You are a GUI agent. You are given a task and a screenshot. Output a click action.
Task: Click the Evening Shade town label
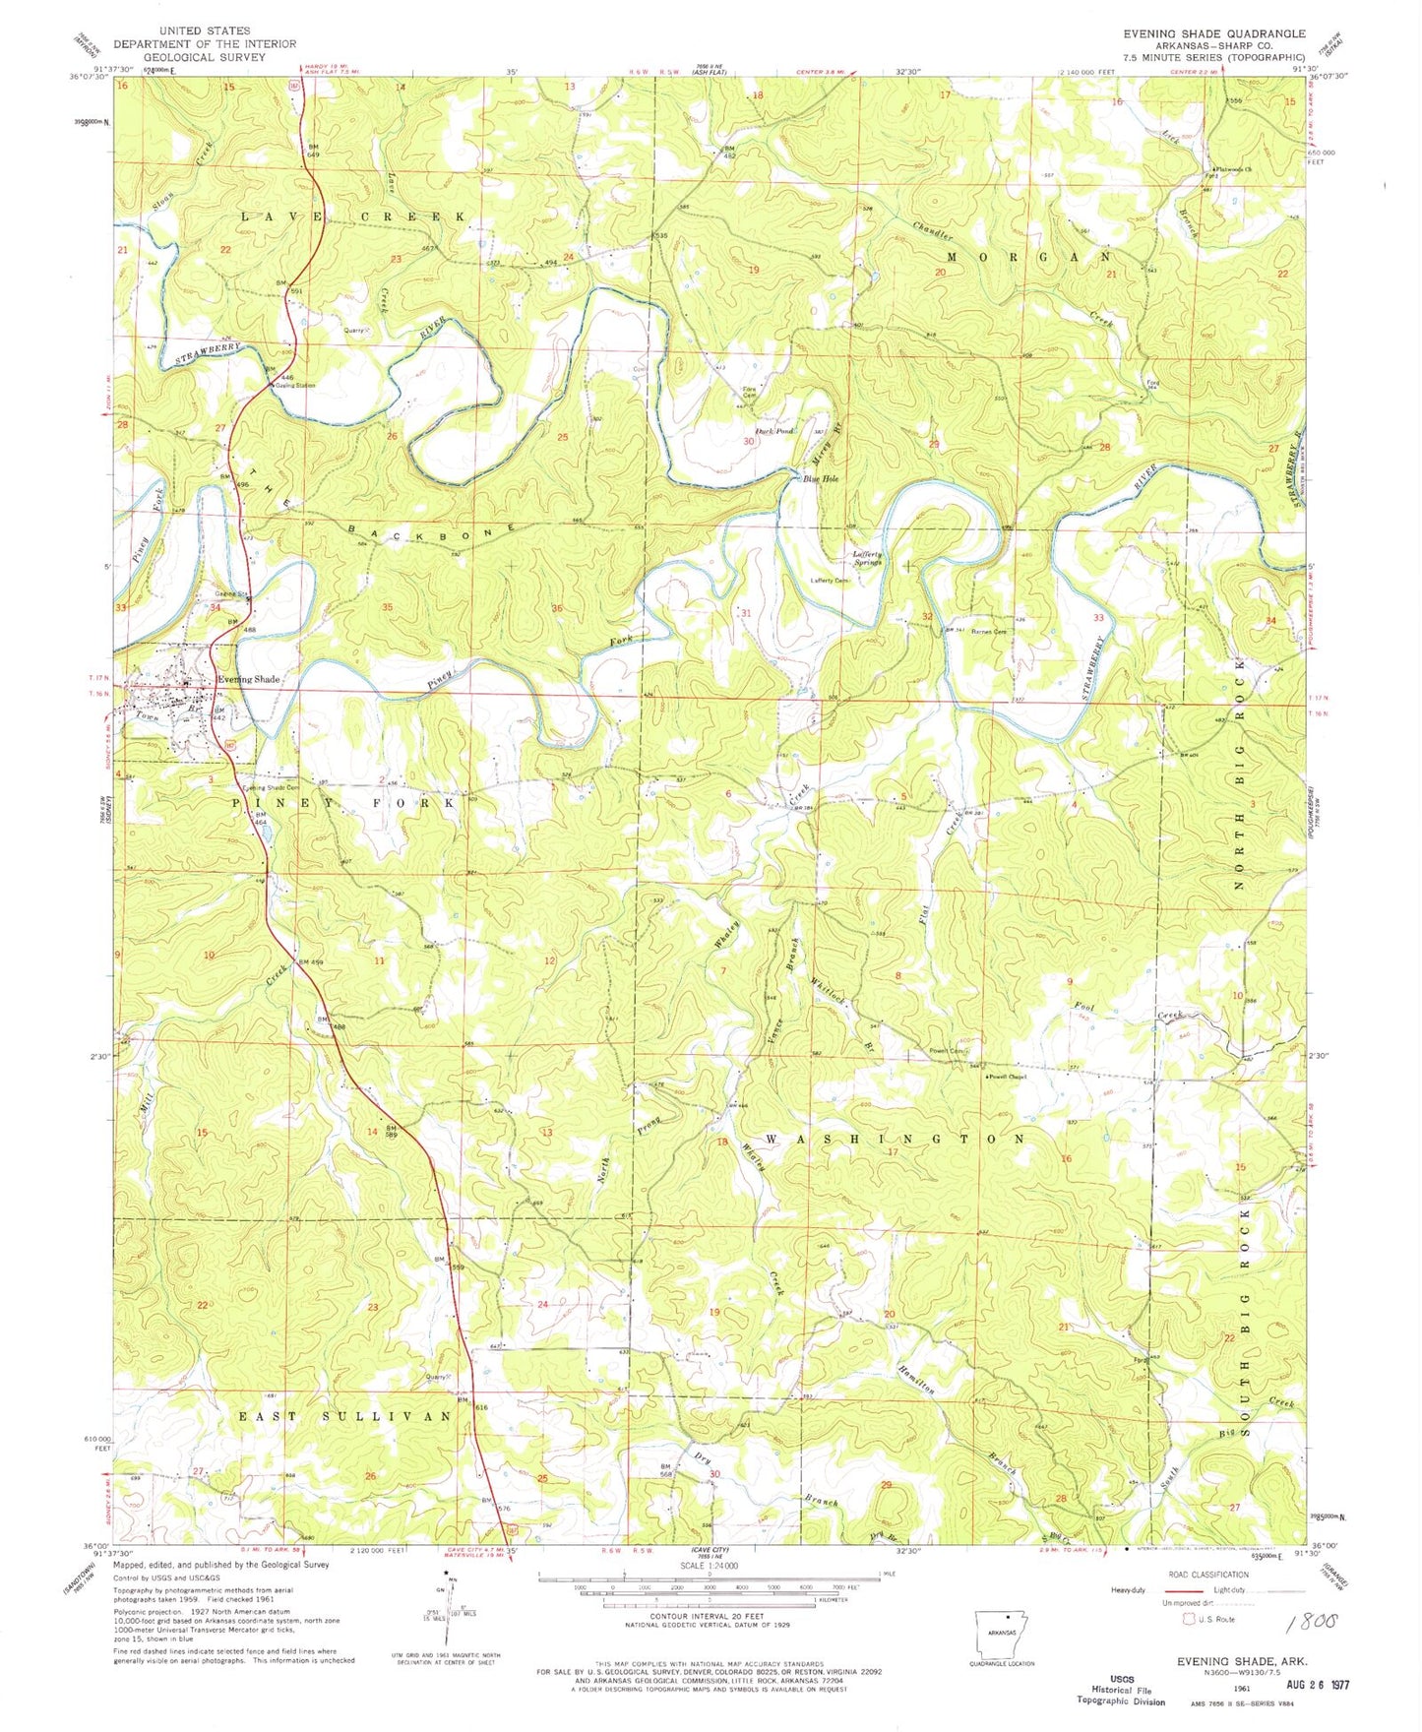pyautogui.click(x=249, y=679)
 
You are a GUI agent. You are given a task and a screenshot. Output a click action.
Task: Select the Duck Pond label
pyautogui.click(x=773, y=431)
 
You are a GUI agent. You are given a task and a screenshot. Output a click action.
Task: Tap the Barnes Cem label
pyautogui.click(x=988, y=632)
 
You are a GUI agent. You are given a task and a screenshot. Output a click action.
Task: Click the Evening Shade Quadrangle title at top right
pyautogui.click(x=1214, y=33)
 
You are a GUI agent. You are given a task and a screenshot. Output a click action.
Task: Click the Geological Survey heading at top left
pyautogui.click(x=205, y=57)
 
